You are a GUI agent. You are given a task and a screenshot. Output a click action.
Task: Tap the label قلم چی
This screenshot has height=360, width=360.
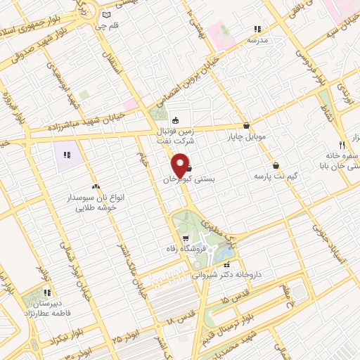(x=105, y=27)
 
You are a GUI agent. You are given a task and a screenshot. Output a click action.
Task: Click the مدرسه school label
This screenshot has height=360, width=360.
(x=258, y=41)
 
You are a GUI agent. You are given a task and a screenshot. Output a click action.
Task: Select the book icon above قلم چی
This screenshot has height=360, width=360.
(x=105, y=14)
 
